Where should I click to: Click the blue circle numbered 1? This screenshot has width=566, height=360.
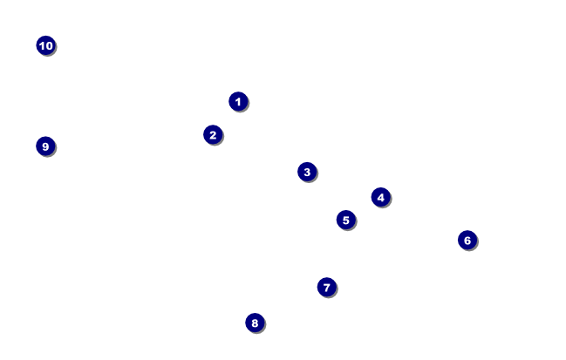click(238, 102)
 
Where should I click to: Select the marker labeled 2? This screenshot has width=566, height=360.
click(213, 135)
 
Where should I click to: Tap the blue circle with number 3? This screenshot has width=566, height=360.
click(306, 172)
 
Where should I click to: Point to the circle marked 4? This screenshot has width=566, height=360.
click(380, 197)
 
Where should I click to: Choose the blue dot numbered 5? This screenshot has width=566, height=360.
click(346, 220)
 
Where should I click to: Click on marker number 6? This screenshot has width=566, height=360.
click(467, 240)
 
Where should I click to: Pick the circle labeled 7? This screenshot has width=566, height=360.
click(327, 287)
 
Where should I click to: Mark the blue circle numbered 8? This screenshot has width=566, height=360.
click(255, 323)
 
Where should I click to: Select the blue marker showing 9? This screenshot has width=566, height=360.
click(46, 146)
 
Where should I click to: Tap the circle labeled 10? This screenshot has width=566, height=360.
click(46, 45)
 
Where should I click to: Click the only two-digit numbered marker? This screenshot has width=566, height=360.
click(46, 45)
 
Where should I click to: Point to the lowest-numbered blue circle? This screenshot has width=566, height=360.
click(238, 102)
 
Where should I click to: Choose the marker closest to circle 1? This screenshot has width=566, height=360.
click(213, 135)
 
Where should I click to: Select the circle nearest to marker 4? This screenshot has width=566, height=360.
click(346, 220)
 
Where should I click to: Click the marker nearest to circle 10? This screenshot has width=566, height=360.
click(46, 146)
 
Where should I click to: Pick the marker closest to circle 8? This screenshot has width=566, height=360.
click(327, 287)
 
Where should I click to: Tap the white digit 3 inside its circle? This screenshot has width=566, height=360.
click(306, 172)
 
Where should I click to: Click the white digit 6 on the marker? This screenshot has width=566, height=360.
click(467, 240)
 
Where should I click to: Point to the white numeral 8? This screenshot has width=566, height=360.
click(255, 323)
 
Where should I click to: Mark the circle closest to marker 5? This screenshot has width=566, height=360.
click(380, 197)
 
